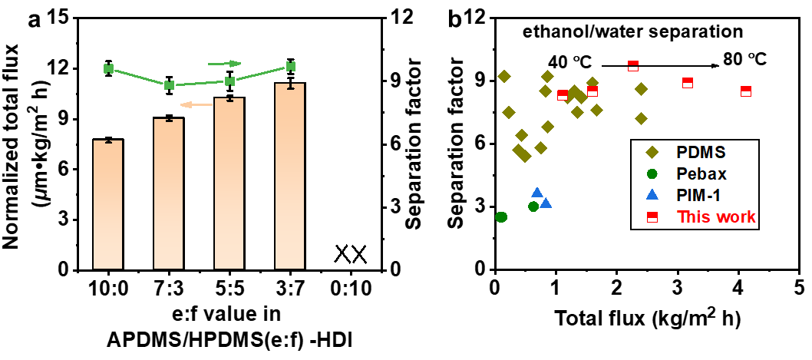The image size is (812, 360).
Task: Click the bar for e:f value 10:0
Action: tap(108, 204)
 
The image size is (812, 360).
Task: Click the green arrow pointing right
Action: tap(225, 63)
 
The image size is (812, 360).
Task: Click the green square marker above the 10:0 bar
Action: tap(108, 69)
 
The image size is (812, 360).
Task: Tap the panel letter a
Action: tap(35, 20)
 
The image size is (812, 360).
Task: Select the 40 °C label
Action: tap(572, 61)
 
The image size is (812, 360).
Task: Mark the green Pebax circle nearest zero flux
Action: tap(501, 217)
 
